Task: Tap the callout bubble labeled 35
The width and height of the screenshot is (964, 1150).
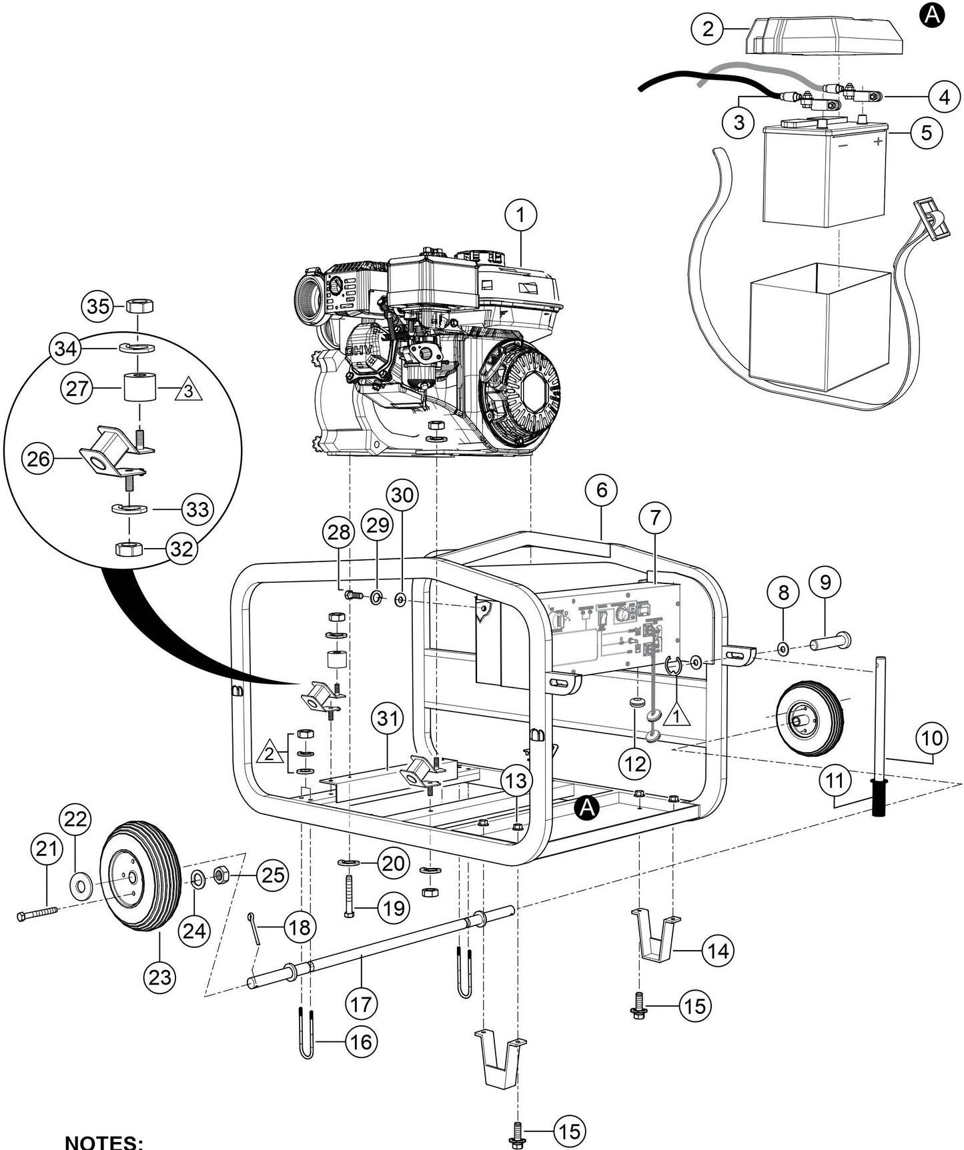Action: (x=98, y=307)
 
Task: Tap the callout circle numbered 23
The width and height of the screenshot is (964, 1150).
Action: (x=160, y=977)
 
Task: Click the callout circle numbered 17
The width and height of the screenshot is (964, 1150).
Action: (x=361, y=1003)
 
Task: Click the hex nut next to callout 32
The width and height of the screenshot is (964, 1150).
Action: (x=129, y=549)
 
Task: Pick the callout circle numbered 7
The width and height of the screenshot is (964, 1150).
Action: (x=654, y=517)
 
